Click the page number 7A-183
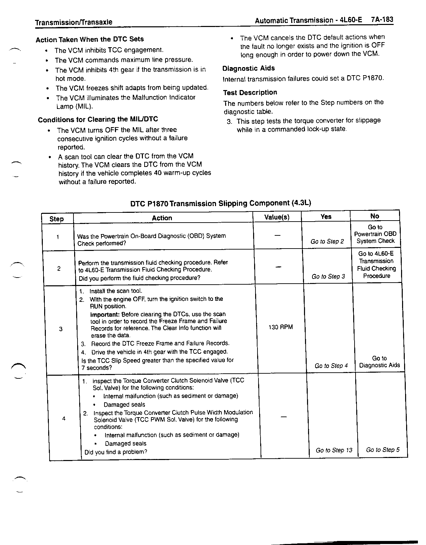click(382, 19)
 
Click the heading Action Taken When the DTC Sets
click(90, 39)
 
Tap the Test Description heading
click(250, 92)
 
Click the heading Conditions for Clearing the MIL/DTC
click(98, 119)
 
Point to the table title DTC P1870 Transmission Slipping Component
click(220, 203)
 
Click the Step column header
click(57, 219)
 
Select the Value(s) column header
click(277, 217)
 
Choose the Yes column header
click(326, 217)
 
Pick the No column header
click(374, 216)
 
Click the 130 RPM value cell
click(280, 327)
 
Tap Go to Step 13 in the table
click(334, 450)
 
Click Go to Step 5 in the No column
click(383, 450)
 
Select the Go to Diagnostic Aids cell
click(379, 362)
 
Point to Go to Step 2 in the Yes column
click(327, 241)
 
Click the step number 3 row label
click(61, 329)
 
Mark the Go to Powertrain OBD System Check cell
click(375, 234)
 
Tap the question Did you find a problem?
click(116, 452)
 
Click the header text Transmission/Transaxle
click(74, 22)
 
